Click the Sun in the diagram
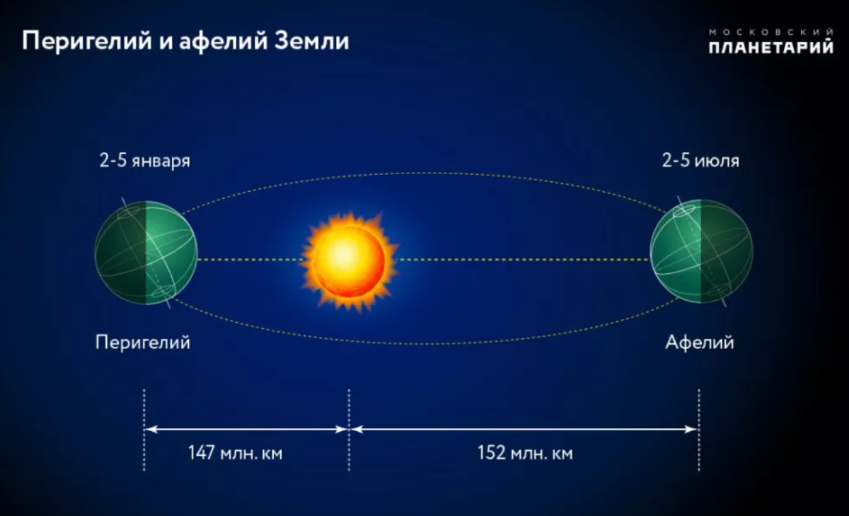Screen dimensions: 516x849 point(349,260)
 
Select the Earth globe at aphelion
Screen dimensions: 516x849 point(701,251)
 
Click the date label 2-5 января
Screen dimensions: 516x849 point(144,161)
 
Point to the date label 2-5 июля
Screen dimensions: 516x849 point(700,161)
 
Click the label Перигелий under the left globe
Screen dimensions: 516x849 point(144,343)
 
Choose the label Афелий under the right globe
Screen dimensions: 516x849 point(700,343)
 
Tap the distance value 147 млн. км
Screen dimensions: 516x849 point(235,453)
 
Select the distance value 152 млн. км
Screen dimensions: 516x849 point(525,453)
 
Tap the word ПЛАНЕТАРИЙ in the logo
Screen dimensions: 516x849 point(770,48)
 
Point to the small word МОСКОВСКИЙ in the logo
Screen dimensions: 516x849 point(770,32)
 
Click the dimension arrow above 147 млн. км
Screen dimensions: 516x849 point(246,428)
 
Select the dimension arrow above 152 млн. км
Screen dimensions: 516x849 point(525,428)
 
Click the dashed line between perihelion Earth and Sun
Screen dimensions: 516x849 point(251,260)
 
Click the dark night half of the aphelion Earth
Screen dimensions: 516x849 point(725,251)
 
